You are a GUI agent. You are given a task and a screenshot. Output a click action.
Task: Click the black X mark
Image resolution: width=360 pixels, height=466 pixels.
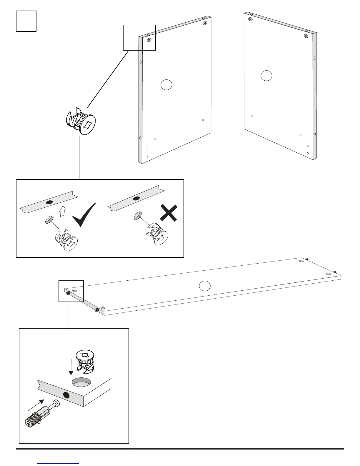tap(169, 213)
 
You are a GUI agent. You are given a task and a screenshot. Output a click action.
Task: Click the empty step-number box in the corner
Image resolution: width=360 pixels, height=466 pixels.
tap(26, 21)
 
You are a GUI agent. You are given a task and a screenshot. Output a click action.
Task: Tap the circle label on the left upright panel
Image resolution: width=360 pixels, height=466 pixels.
tap(166, 85)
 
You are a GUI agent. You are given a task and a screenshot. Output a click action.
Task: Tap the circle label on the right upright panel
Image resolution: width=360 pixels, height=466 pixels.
tap(266, 76)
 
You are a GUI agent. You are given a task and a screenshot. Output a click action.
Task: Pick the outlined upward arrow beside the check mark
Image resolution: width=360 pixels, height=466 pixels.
tap(62, 211)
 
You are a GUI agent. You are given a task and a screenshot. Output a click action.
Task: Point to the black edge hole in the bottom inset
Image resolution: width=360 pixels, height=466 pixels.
tap(66, 395)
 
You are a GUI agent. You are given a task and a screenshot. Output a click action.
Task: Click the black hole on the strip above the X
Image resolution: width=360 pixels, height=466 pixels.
tap(136, 199)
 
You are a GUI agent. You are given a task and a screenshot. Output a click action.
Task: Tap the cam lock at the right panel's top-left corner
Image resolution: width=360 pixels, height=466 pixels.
tap(250, 19)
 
